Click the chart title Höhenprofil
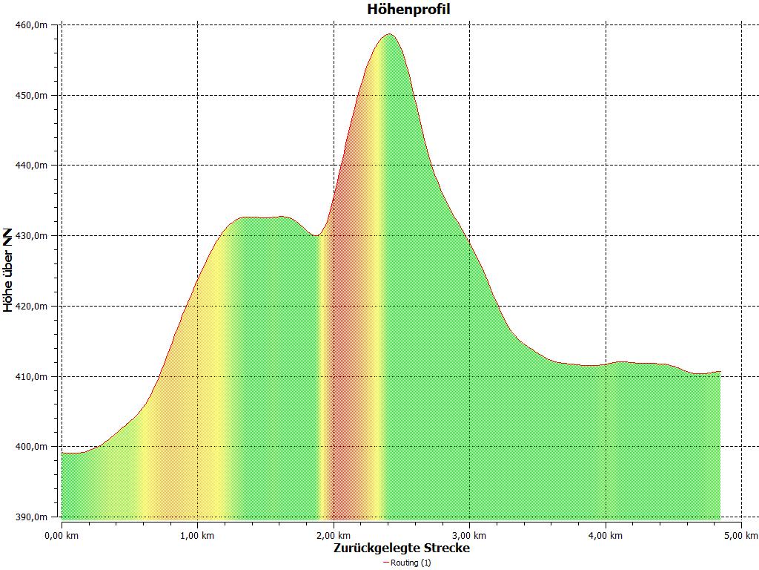tap(408, 10)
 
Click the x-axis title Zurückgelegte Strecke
tap(402, 548)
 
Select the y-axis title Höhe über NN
tap(8, 270)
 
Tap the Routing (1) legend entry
tap(407, 563)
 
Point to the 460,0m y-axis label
tap(32, 25)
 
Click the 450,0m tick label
tap(32, 96)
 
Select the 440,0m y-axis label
tap(32, 166)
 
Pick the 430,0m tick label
tap(32, 236)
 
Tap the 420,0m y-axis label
tap(32, 307)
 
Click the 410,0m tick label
tap(32, 376)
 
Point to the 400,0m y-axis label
tap(32, 447)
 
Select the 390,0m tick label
tap(32, 517)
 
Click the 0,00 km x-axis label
tap(62, 535)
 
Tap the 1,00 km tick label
tap(197, 535)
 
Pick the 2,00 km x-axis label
tap(334, 535)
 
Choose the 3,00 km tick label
tap(470, 535)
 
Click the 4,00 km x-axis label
tap(606, 535)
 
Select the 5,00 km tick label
tap(742, 535)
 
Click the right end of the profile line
tap(720, 371)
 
